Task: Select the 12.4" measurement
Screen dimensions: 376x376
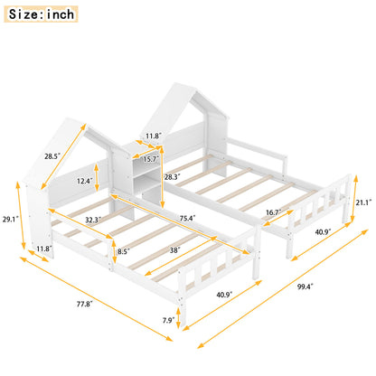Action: tap(84, 182)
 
